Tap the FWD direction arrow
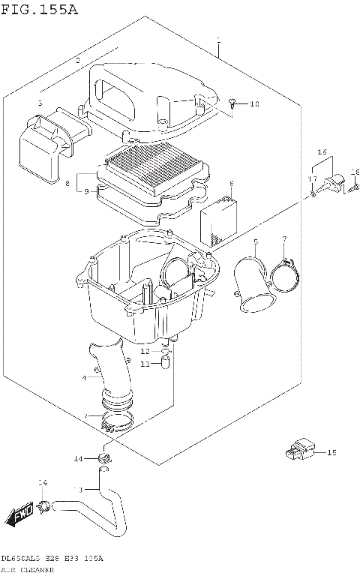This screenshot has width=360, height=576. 18,515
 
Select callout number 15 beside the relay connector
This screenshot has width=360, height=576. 332,452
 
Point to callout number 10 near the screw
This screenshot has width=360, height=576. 253,104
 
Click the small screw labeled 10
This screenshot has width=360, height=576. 234,103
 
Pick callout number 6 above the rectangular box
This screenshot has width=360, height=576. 232,183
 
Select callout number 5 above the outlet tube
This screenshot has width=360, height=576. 255,241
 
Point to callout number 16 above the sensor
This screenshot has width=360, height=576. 322,151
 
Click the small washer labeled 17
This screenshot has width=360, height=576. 312,193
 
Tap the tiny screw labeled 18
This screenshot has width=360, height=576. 355,187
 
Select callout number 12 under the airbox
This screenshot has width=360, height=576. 147,351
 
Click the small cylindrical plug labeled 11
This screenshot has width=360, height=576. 166,364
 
